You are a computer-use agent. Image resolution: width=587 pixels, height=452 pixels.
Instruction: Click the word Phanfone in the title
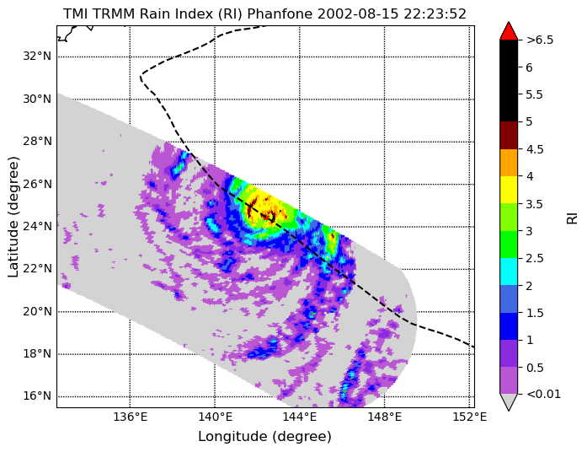point(280,13)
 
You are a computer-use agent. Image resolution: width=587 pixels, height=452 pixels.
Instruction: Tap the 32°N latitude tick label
point(37,56)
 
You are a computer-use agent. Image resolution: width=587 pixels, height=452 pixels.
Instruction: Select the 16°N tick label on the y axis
point(37,395)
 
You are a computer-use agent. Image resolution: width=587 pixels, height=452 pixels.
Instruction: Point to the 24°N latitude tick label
point(37,226)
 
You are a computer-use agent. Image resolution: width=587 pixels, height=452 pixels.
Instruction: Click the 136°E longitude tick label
point(130,417)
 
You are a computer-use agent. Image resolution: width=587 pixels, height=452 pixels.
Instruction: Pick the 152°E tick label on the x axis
point(469,417)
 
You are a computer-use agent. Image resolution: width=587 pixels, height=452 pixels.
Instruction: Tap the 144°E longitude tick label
point(300,417)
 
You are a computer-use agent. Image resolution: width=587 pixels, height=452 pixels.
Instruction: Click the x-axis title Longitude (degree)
point(264,437)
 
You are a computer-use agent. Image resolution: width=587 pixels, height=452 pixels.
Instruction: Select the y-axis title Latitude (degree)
point(13,217)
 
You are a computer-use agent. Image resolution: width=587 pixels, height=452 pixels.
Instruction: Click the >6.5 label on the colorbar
point(540,40)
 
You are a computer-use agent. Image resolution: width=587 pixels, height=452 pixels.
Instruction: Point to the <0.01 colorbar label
point(543,394)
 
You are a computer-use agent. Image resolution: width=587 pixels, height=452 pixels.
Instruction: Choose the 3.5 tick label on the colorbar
point(535,204)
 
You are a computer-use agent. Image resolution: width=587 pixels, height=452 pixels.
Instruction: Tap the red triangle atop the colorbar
point(509,32)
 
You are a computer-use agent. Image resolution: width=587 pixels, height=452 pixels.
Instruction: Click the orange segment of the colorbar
point(509,162)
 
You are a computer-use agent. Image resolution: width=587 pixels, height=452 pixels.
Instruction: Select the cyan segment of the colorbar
point(509,272)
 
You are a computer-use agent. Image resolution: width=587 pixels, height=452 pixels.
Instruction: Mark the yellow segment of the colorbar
point(509,190)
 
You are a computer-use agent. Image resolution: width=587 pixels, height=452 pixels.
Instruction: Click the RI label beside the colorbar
point(572,218)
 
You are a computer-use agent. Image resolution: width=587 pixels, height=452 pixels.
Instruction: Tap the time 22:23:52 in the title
point(435,13)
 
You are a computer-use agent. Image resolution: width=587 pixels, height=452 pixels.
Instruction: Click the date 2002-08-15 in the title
point(358,13)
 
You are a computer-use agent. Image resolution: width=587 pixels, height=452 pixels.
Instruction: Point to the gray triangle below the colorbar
point(509,401)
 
